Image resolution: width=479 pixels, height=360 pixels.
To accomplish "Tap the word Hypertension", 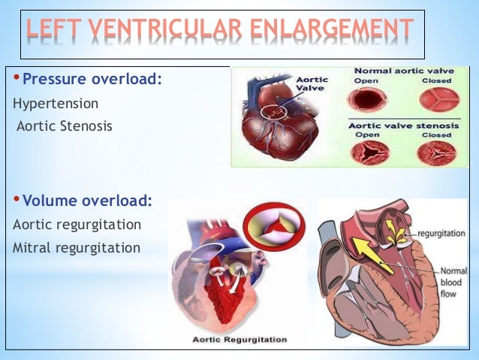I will [x=56, y=102].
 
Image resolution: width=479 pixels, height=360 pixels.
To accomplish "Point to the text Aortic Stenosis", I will [x=65, y=126].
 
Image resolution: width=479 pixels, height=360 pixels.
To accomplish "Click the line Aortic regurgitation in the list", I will [x=77, y=224].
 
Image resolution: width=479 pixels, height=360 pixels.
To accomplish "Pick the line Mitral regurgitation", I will [x=77, y=247].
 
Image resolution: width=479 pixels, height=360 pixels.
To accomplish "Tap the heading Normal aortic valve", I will [x=399, y=71].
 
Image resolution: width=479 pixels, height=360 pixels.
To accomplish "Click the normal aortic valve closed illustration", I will [x=436, y=100].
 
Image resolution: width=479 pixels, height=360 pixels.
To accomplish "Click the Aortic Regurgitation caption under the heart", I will [x=239, y=340].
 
